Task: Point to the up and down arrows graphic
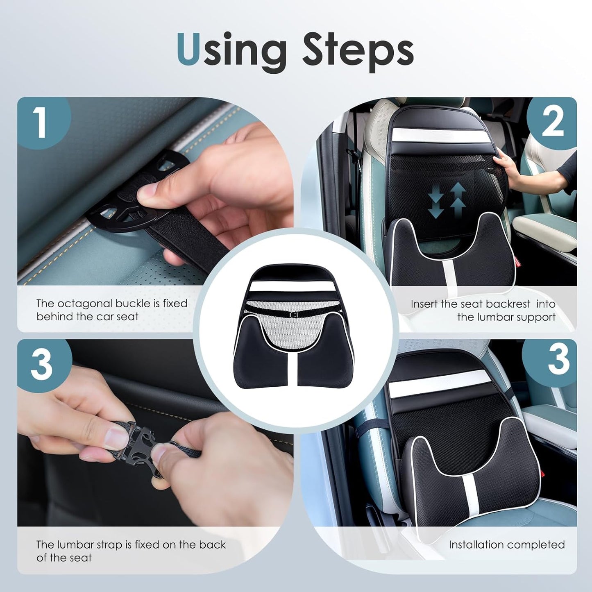(447, 200)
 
